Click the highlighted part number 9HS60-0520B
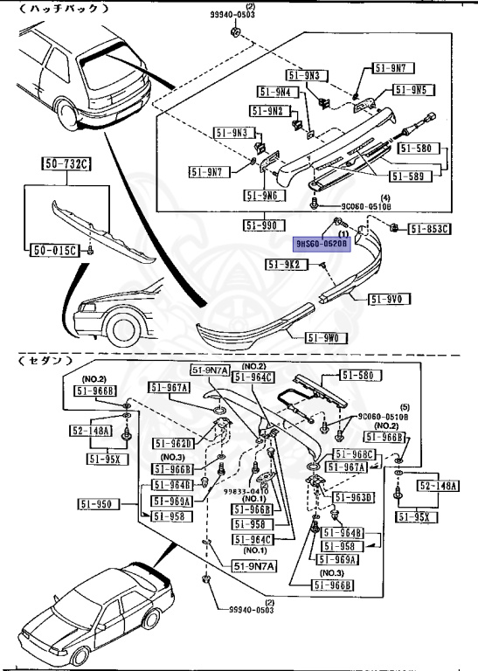322,246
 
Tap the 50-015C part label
54,250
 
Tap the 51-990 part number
261,225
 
